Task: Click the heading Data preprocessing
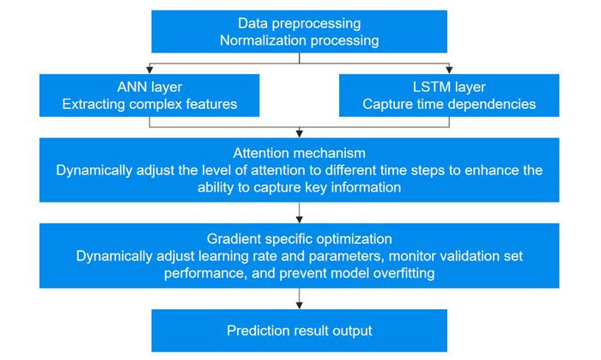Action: [299, 24]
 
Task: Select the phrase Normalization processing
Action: [299, 40]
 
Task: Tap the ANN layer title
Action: [149, 88]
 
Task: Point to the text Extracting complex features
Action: [149, 104]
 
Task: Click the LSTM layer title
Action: [449, 88]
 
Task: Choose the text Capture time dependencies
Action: [449, 104]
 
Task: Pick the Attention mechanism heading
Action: [299, 153]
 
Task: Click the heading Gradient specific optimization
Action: [299, 239]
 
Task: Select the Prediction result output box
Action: [299, 331]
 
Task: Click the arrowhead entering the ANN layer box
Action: [149, 70]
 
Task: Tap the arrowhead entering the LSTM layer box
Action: [449, 70]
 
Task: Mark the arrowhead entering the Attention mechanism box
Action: [299, 133]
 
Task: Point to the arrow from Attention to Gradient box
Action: [299, 213]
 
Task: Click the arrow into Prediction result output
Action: [299, 299]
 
